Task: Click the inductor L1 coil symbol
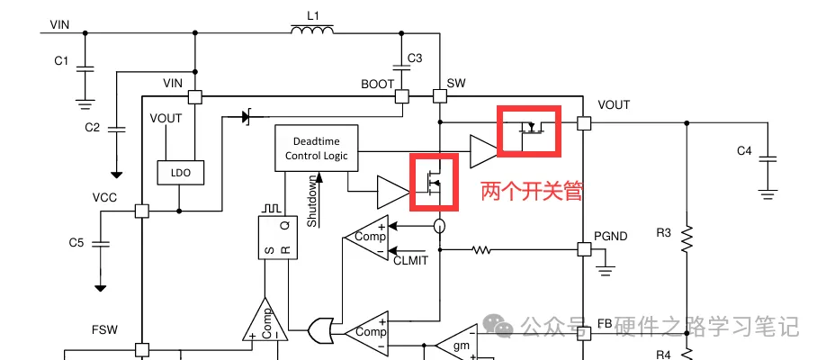[x=311, y=31]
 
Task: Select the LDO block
[x=180, y=172]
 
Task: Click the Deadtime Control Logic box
[x=317, y=148]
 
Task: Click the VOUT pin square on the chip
[x=584, y=122]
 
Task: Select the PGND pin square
[x=584, y=248]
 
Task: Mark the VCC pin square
[x=141, y=211]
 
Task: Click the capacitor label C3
[x=415, y=58]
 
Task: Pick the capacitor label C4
[x=743, y=151]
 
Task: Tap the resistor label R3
[x=663, y=233]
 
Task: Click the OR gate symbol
[x=319, y=330]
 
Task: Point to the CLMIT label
[x=410, y=260]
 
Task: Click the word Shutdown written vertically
[x=312, y=201]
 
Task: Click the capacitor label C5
[x=76, y=243]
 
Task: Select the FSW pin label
[x=104, y=329]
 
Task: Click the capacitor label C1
[x=61, y=61]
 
